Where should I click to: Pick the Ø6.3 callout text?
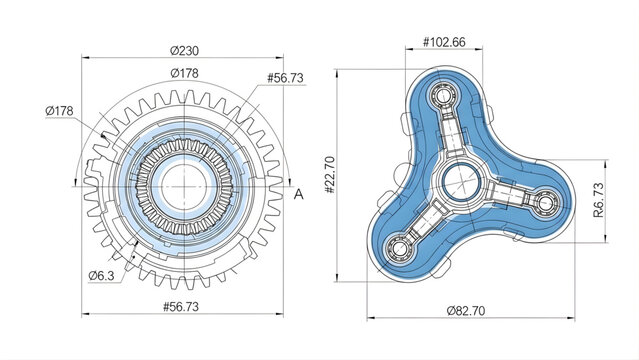coord(102,274)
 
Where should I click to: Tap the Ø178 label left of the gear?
coord(62,110)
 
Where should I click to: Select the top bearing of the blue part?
coord(442,98)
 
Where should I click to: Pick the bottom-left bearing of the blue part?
coord(400,243)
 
